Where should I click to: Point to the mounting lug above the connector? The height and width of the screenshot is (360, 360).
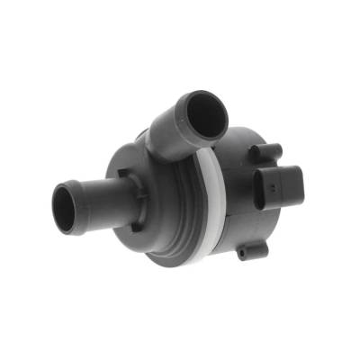[268, 149]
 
